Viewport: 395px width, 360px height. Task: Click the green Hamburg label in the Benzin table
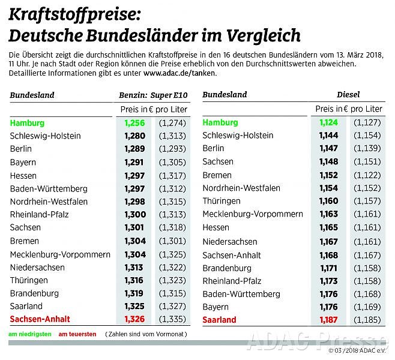(x=27, y=123)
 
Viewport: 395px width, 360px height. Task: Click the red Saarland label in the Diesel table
(x=219, y=320)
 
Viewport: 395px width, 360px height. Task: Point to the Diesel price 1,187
(x=328, y=320)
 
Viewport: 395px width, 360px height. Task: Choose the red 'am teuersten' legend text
(x=77, y=334)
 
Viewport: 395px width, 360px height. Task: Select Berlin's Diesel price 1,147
(x=328, y=148)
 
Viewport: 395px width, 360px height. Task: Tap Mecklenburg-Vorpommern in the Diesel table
(x=253, y=214)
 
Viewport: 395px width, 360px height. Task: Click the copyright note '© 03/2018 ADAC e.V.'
(x=357, y=350)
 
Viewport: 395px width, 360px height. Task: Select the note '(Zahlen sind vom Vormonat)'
(x=146, y=334)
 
